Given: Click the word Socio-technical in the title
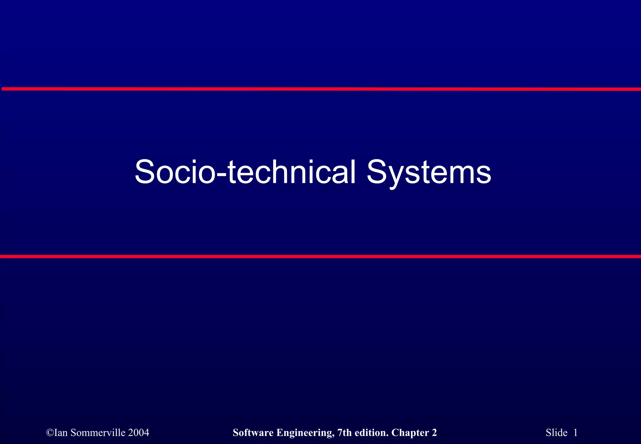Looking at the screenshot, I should click(245, 172).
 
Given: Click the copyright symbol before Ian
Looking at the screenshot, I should click(50, 433).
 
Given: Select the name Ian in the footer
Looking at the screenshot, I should click(61, 432).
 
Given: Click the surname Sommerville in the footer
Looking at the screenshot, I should click(98, 432).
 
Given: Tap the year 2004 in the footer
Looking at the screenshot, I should click(139, 432).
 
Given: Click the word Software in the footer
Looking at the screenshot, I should click(253, 432).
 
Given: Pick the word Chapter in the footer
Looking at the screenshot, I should click(410, 433).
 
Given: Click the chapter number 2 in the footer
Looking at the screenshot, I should click(434, 432).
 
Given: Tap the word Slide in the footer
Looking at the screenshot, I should click(556, 432).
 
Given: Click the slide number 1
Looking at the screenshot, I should click(575, 432).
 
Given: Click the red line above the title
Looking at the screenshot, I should click(320, 89).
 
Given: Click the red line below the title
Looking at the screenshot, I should click(320, 256).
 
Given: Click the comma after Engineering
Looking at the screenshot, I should click(333, 436).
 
